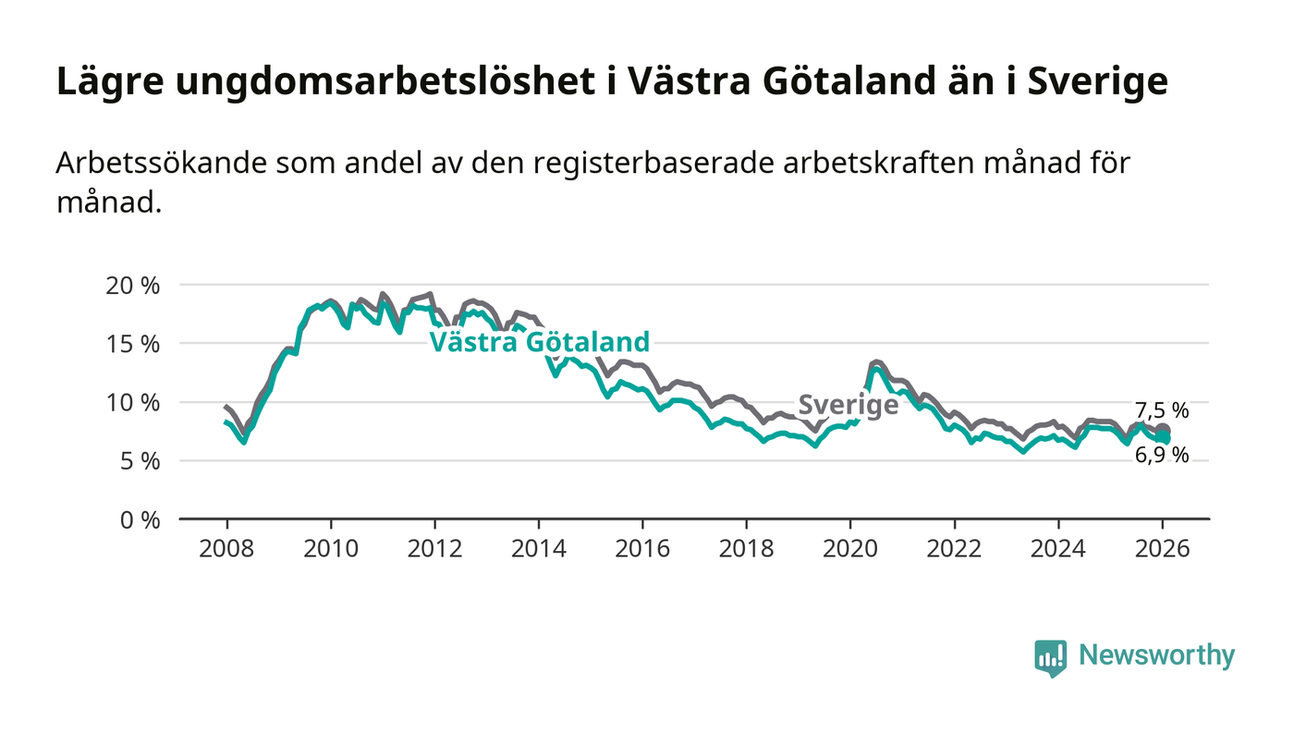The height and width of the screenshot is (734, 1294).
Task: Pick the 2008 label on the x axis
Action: tap(226, 547)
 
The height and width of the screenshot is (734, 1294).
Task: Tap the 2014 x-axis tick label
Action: tap(539, 547)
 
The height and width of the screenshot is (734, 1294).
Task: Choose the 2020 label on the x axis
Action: tap(850, 547)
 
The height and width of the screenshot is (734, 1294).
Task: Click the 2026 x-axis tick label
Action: tap(1163, 547)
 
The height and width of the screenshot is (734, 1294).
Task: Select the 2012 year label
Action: tap(434, 547)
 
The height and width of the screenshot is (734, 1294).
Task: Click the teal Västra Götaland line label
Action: tap(540, 342)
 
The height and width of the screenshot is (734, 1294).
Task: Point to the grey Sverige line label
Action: tap(848, 404)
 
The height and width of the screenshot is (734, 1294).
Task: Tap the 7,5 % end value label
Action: tap(1162, 411)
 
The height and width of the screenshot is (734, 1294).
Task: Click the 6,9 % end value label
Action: tap(1162, 455)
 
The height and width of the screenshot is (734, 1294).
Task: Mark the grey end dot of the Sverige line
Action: tap(1164, 431)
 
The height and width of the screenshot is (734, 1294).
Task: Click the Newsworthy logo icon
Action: tap(1050, 657)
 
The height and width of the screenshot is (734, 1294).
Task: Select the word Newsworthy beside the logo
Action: tap(1156, 655)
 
